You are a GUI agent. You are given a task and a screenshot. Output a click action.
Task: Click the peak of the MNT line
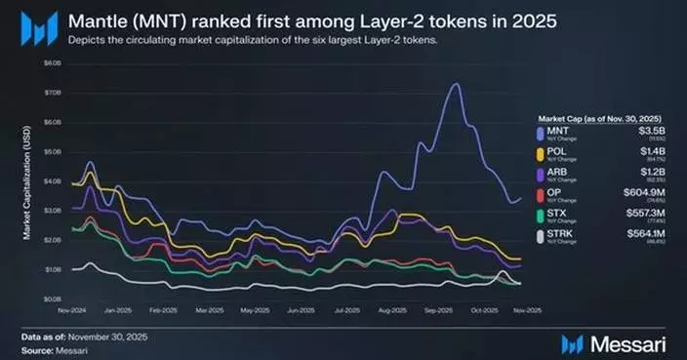[x=455, y=85]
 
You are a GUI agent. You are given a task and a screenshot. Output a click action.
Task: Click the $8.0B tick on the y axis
[x=52, y=61]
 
